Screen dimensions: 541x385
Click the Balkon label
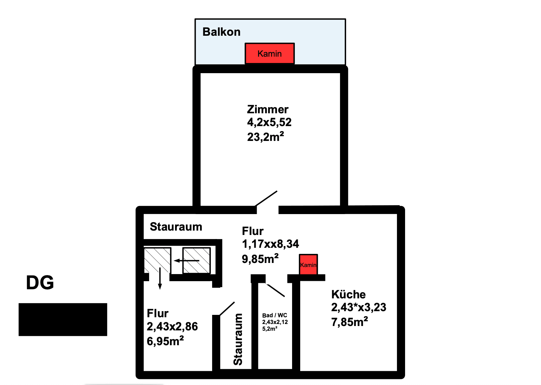pyautogui.click(x=221, y=32)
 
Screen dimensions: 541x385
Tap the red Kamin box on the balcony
pyautogui.click(x=269, y=53)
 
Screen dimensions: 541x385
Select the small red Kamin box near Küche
pyautogui.click(x=308, y=264)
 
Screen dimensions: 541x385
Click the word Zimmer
pyautogui.click(x=267, y=110)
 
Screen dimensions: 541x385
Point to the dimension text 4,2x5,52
pyautogui.click(x=269, y=122)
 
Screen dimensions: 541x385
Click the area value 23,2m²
pyautogui.click(x=265, y=137)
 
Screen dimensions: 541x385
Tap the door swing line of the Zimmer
pyautogui.click(x=266, y=199)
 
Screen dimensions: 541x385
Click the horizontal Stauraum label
pyautogui.click(x=176, y=227)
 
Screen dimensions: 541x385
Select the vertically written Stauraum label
pyautogui.click(x=238, y=339)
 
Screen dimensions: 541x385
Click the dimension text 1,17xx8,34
pyautogui.click(x=270, y=244)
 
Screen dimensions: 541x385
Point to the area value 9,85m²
pyautogui.click(x=260, y=259)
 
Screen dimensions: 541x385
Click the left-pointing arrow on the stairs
pyautogui.click(x=187, y=261)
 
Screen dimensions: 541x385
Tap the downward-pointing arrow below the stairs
pyautogui.click(x=160, y=278)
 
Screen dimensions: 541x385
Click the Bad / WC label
pyautogui.click(x=275, y=315)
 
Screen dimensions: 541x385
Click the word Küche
pyautogui.click(x=348, y=295)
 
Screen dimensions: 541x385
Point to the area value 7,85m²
pyautogui.click(x=349, y=322)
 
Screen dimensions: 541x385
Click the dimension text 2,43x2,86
pyautogui.click(x=172, y=326)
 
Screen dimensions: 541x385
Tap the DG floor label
pyautogui.click(x=40, y=283)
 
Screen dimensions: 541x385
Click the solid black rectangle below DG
pyautogui.click(x=63, y=320)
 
